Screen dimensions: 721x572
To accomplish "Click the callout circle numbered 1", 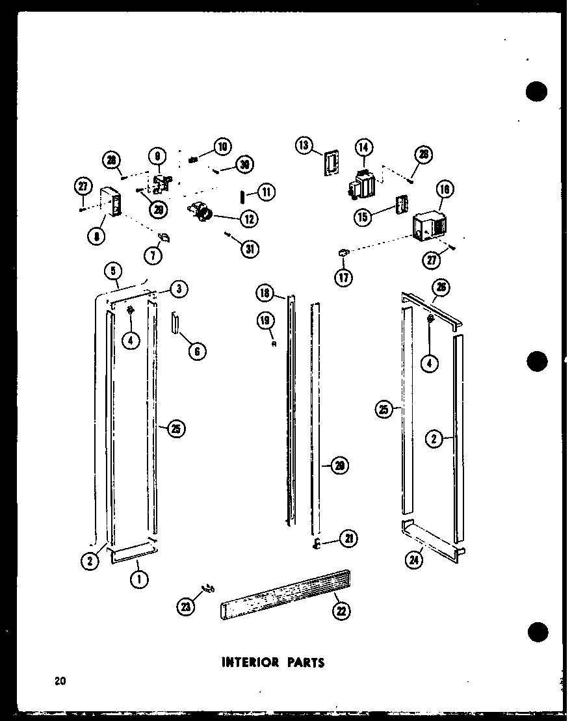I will [x=137, y=577].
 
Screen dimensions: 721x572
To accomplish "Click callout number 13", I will [x=304, y=145].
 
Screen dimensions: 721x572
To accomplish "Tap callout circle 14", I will [x=363, y=148].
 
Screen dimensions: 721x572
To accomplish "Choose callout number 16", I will [x=445, y=190].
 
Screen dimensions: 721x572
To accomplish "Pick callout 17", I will [x=343, y=278].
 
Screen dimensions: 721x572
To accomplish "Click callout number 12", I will [x=248, y=218].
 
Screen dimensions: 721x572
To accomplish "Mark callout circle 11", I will [x=266, y=192].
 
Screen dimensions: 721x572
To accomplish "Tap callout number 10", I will [x=222, y=146].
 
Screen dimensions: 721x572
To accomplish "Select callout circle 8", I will [x=97, y=237].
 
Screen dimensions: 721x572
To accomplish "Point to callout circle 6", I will [x=197, y=352].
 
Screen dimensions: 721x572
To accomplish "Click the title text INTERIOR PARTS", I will [x=272, y=663].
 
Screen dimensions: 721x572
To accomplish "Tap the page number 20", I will [x=60, y=681].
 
